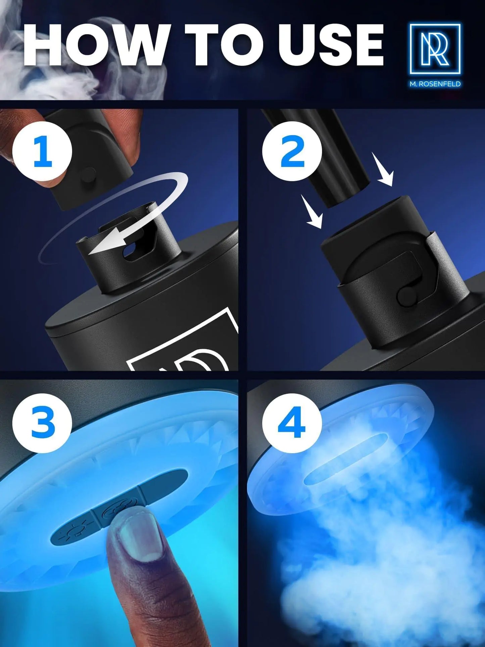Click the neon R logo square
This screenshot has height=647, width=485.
(x=435, y=49)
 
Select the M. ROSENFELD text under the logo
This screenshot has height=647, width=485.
(x=435, y=84)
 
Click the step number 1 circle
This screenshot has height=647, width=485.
(x=42, y=151)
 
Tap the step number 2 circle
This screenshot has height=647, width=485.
(x=292, y=151)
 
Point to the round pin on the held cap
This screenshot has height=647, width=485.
(x=89, y=174)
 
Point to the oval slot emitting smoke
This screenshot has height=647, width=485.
(x=346, y=458)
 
